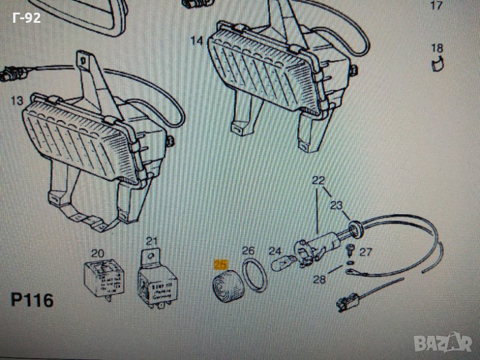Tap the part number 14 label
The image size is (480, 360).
tap(196, 41)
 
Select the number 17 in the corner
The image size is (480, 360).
tap(436, 7)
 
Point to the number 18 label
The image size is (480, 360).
tap(436, 48)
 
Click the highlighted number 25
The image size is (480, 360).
tap(221, 263)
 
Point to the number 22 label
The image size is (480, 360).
tap(317, 180)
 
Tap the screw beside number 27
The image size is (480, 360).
tap(354, 247)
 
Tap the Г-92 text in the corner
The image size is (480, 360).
tap(26, 19)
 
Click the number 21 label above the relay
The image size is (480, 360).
tap(152, 242)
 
